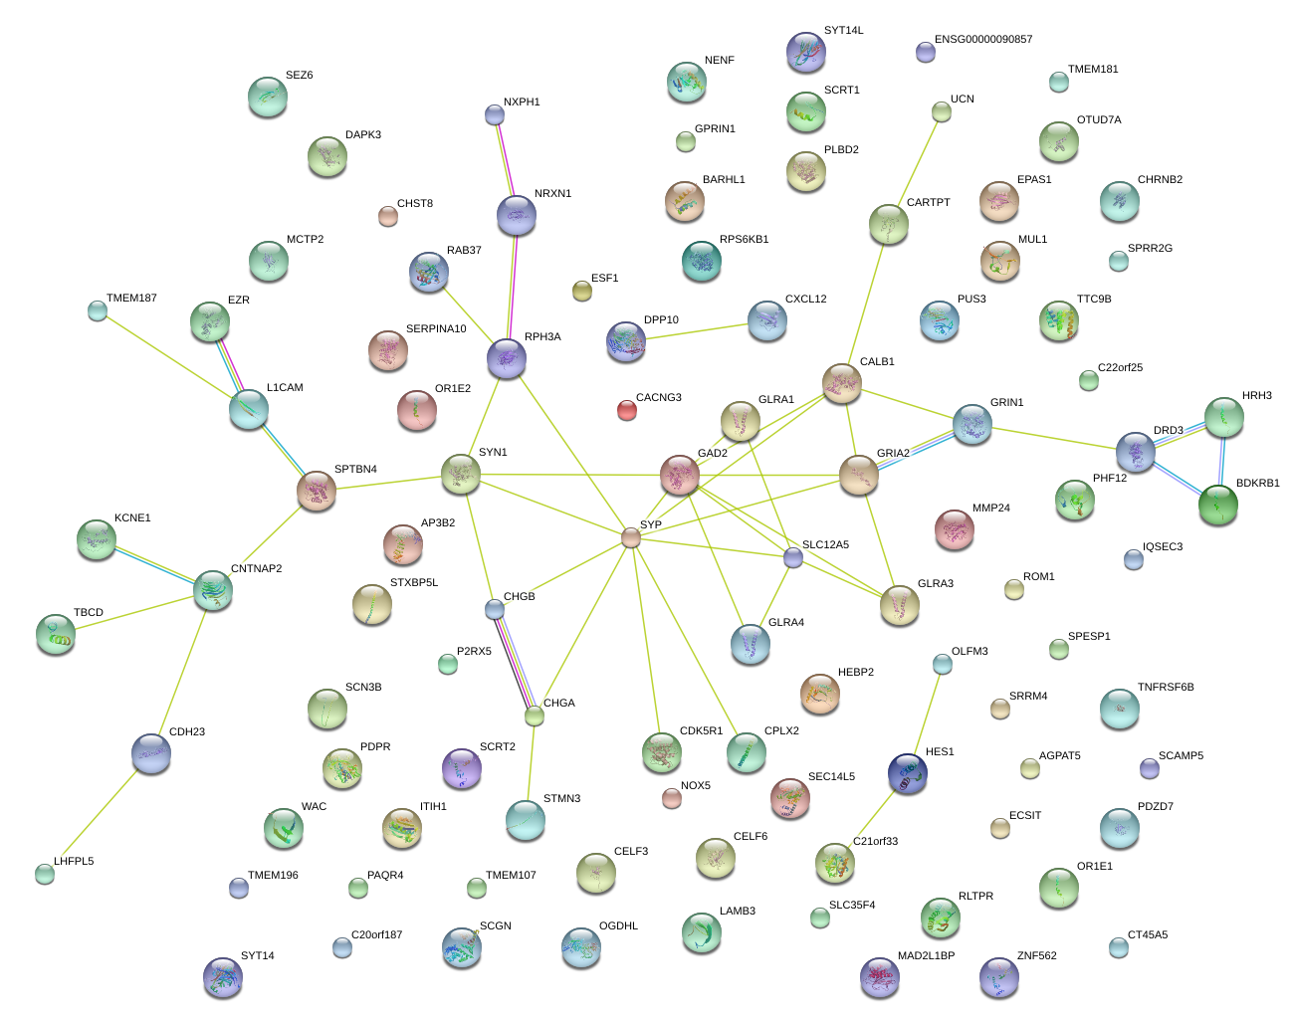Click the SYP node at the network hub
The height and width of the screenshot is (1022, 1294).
coord(631,537)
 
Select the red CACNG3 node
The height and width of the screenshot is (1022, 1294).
coord(626,409)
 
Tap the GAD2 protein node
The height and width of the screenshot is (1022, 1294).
coord(680,475)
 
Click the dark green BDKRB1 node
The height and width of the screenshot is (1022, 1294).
coord(1218,505)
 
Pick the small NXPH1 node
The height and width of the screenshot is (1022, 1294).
coord(495,114)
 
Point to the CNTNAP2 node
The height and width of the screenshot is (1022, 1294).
coord(213,590)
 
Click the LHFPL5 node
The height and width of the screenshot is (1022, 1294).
coord(45,874)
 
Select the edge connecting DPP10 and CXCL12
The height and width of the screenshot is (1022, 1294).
coord(697,331)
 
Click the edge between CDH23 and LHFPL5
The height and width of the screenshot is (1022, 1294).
coord(98,814)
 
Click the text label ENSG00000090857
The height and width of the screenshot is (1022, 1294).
coord(983,40)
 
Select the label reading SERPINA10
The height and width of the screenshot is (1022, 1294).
coord(436,329)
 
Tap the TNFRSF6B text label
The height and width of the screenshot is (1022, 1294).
coord(1166,688)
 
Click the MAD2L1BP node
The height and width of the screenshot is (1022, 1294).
coord(880,977)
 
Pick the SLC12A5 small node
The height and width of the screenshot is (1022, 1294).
coord(793,557)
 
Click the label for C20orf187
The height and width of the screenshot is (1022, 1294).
coord(376,935)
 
